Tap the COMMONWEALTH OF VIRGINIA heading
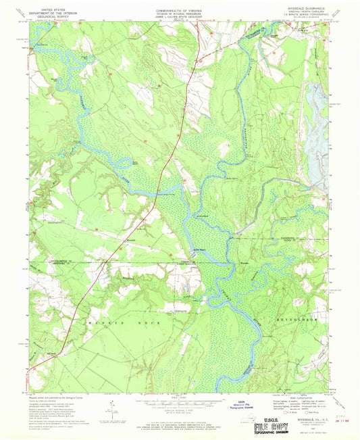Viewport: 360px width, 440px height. [179, 6]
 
